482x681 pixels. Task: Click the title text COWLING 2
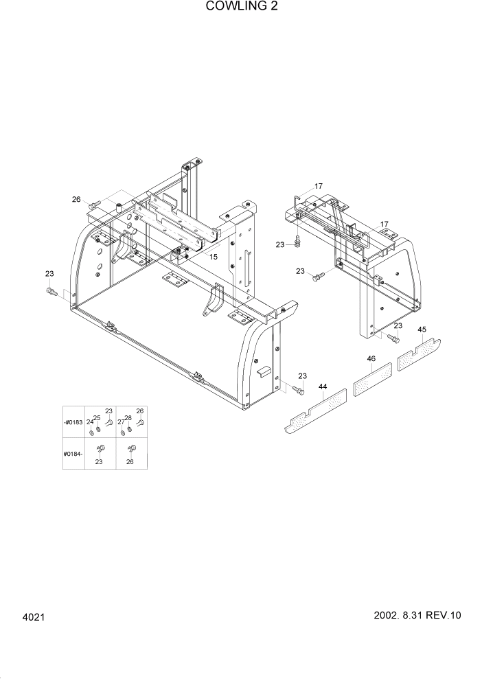coord(241,8)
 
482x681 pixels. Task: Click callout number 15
coord(214,257)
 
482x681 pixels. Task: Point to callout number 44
coord(323,388)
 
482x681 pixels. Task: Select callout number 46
coord(371,358)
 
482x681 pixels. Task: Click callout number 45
coord(422,330)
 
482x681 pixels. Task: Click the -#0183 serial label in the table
coord(73,422)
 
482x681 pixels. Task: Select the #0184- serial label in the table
coord(73,454)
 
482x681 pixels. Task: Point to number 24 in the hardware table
coord(89,422)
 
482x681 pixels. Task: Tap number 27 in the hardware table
coord(120,422)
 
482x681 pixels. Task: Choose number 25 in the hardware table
coord(97,417)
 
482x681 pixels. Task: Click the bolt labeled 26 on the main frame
coord(95,203)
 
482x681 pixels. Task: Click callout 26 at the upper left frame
coord(76,199)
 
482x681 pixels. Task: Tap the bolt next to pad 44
coord(297,390)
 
